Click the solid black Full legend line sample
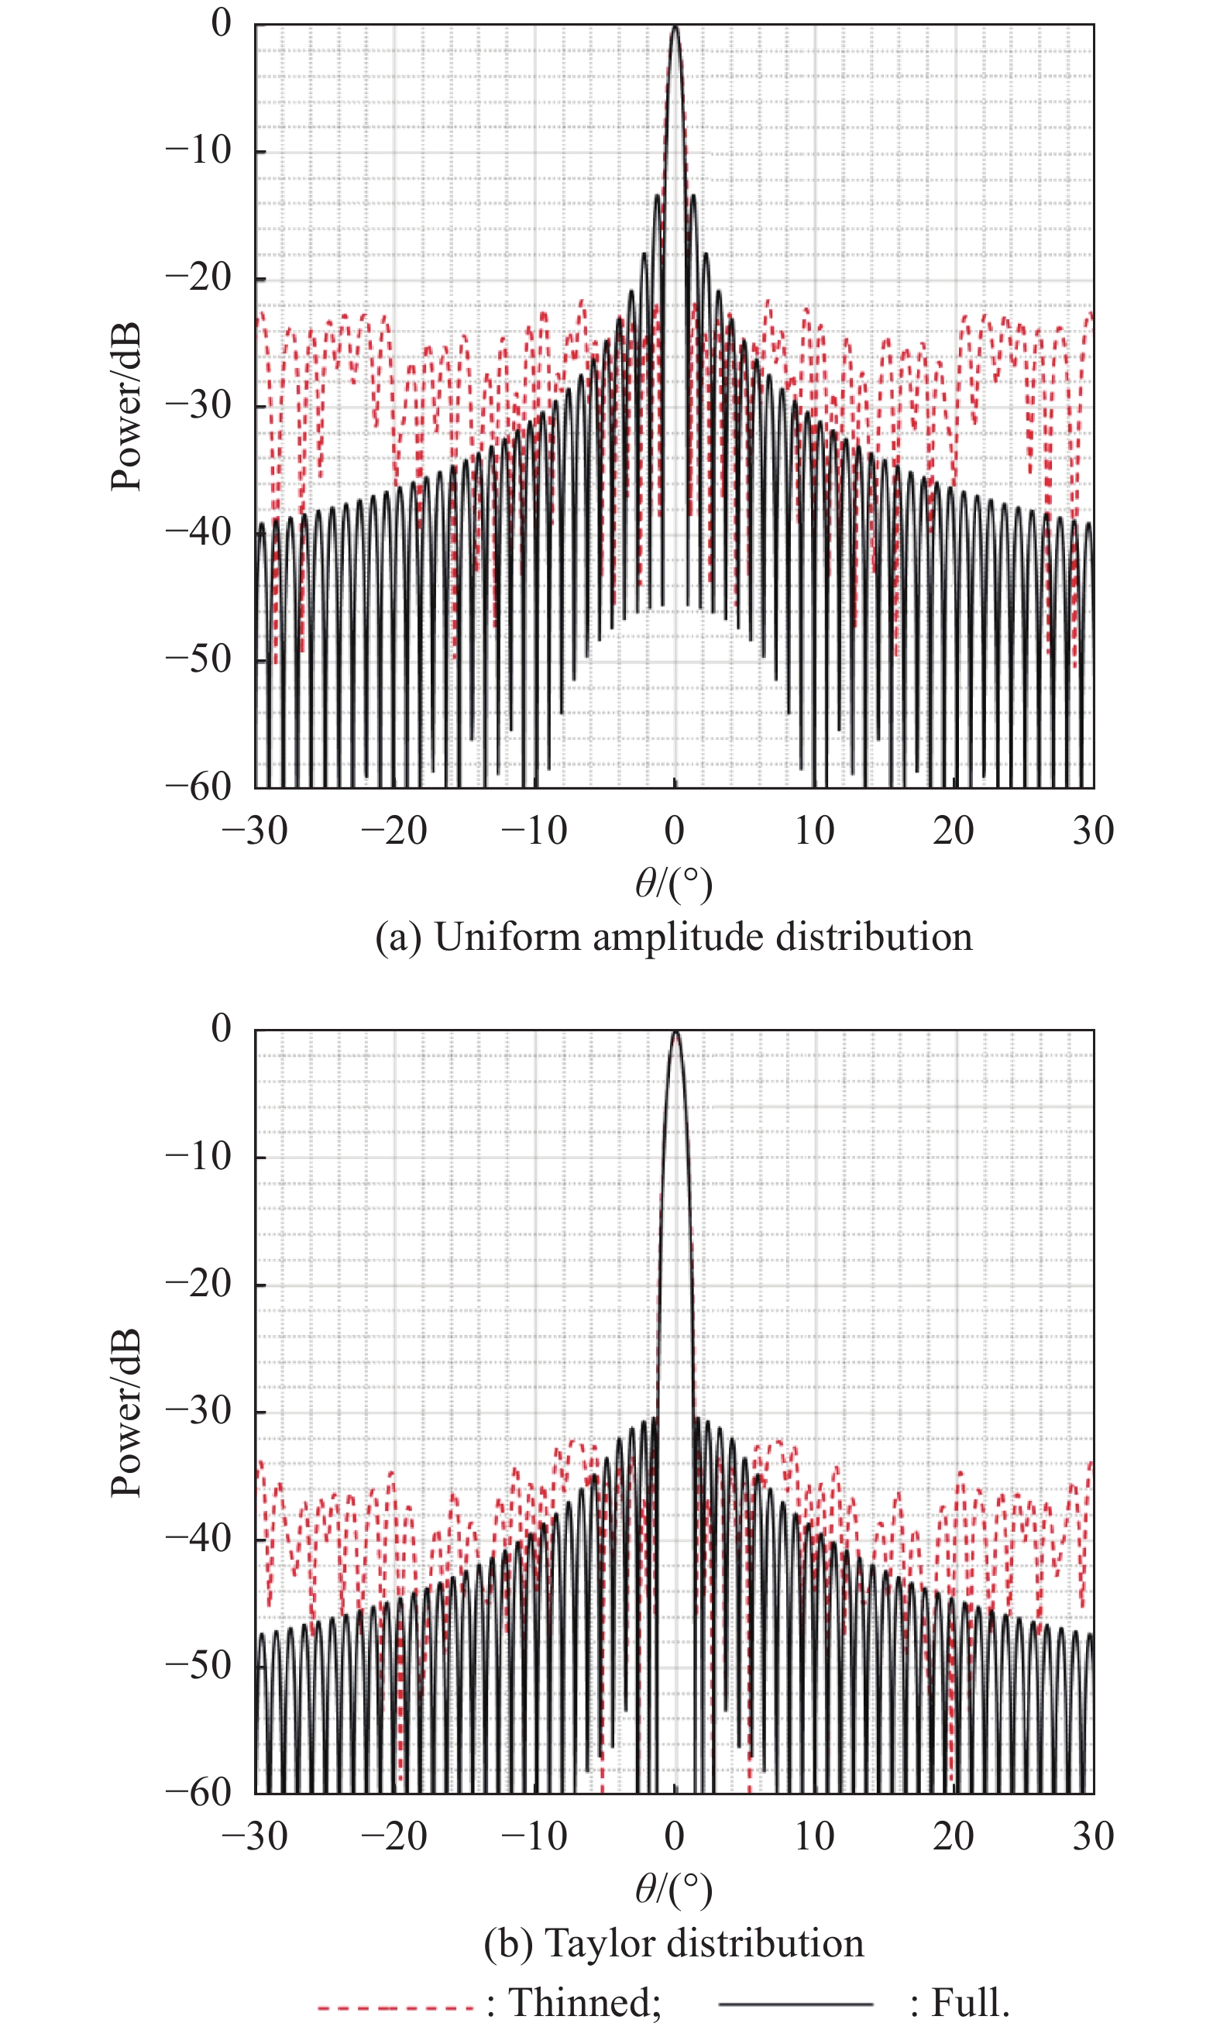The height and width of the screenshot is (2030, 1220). [x=795, y=2004]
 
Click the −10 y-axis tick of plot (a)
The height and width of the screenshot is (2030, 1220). [x=199, y=150]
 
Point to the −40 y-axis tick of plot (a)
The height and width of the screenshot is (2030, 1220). [x=199, y=532]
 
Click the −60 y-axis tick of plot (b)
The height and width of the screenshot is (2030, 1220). [x=199, y=1792]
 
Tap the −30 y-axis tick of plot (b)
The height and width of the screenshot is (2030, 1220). [x=199, y=1411]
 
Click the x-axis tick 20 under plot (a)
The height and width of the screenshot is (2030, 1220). [x=954, y=831]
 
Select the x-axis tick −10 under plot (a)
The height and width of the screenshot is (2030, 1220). [x=534, y=831]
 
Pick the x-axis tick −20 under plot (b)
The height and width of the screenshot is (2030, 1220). [x=394, y=1837]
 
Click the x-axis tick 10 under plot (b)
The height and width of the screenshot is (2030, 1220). [x=814, y=1837]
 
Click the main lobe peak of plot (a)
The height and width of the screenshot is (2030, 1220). [x=675, y=27]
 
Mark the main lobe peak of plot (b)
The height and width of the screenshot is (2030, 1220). [x=675, y=1033]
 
